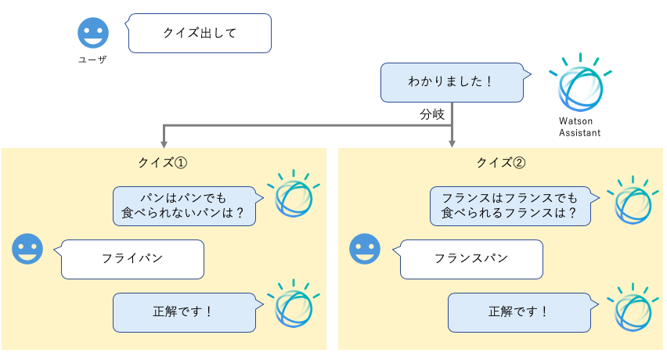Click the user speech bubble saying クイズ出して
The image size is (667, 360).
click(x=200, y=33)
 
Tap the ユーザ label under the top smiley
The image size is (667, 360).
click(x=92, y=59)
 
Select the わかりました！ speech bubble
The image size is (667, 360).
click(x=451, y=82)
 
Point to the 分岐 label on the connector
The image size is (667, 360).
click(x=431, y=114)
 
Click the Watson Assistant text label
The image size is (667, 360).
click(x=579, y=128)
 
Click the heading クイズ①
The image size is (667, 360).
click(x=162, y=163)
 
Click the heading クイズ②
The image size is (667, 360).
click(x=500, y=163)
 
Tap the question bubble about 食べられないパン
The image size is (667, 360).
click(x=185, y=205)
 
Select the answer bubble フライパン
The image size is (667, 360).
click(x=132, y=259)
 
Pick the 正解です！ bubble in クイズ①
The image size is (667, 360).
click(x=185, y=311)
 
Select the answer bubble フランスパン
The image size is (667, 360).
click(x=471, y=259)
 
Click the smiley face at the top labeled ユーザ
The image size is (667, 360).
click(x=92, y=33)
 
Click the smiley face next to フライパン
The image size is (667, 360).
click(x=28, y=249)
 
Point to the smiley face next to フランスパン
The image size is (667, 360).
click(x=364, y=249)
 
